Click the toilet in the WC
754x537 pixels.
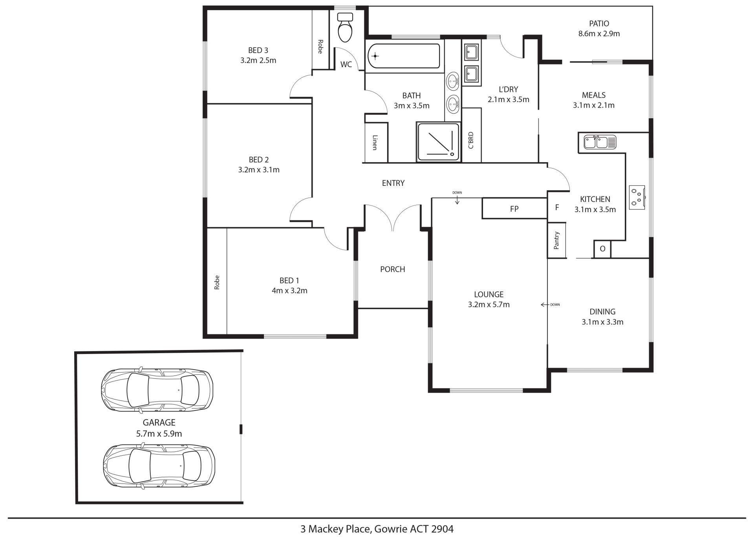pyautogui.click(x=346, y=27)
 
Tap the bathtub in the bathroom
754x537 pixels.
pyautogui.click(x=404, y=56)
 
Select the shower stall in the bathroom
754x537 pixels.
pyautogui.click(x=438, y=142)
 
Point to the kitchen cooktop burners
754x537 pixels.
pyautogui.click(x=637, y=197)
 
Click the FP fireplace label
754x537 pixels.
pyautogui.click(x=514, y=209)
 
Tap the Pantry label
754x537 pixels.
pyautogui.click(x=556, y=240)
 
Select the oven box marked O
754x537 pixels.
pyautogui.click(x=602, y=249)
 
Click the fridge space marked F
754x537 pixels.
pyautogui.click(x=557, y=207)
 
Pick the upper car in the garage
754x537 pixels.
pyautogui.click(x=157, y=390)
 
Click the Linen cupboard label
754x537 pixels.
pyautogui.click(x=375, y=142)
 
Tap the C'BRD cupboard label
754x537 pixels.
pyautogui.click(x=471, y=140)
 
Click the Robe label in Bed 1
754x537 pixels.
pyautogui.click(x=217, y=282)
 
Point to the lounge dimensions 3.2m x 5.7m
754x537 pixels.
pyautogui.click(x=489, y=304)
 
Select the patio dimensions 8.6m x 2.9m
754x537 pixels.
pyautogui.click(x=599, y=34)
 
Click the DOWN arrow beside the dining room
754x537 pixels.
pyautogui.click(x=545, y=304)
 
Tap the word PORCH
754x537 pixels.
pyautogui.click(x=393, y=269)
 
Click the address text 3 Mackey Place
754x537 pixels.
pyautogui.click(x=336, y=529)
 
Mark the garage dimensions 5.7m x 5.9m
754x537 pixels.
pyautogui.click(x=159, y=434)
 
